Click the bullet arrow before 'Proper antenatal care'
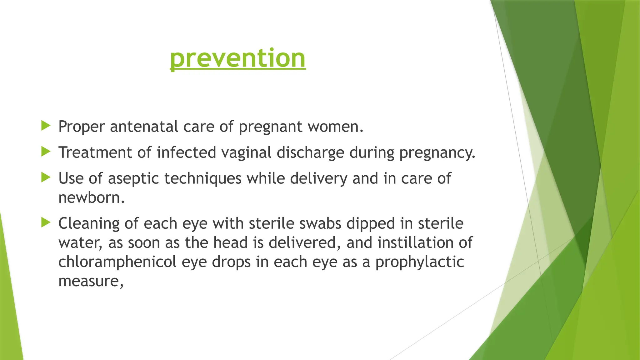pos(46,126)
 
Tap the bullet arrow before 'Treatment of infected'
pos(46,152)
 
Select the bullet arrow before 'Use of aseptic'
pos(46,178)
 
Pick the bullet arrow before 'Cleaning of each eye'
pos(46,223)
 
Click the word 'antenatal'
pos(144,127)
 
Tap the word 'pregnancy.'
pos(437,153)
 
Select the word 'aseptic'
pos(133,179)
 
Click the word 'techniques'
pos(203,179)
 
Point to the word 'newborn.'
pos(92,198)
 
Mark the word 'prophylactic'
pos(419,262)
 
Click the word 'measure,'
pos(91,281)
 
